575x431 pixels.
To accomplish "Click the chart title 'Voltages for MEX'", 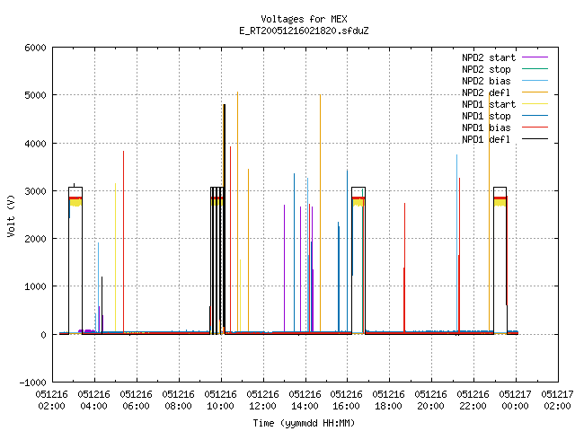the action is point(304,19).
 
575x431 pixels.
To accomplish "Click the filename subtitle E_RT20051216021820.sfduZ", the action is point(304,31).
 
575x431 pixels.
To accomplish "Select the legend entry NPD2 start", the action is point(505,57).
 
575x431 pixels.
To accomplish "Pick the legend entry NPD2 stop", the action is point(505,69).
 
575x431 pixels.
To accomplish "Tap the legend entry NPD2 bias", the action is point(505,81).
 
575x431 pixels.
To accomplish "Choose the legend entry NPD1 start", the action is point(505,104).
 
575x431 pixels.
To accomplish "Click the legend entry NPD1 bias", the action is point(505,128).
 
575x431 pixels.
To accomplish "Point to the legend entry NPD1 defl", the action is point(505,140).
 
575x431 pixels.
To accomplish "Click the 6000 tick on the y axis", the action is point(36,48).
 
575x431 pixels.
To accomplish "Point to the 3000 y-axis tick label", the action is point(36,191).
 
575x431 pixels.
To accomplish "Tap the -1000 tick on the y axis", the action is point(33,383).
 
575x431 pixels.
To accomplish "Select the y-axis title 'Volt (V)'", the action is point(11,216).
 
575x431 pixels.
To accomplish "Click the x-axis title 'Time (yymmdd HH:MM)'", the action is point(304,423).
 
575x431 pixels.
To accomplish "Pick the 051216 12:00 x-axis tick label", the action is point(262,400).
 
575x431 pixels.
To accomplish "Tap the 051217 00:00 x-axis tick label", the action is point(515,400).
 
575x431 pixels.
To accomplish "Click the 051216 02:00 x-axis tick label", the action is point(52,400).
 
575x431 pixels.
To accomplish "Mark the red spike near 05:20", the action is point(124,242).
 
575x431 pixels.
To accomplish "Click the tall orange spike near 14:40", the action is point(320,214).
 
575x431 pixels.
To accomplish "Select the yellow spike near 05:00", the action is point(116,259).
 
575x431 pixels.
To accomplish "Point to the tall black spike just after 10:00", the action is point(224,219).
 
